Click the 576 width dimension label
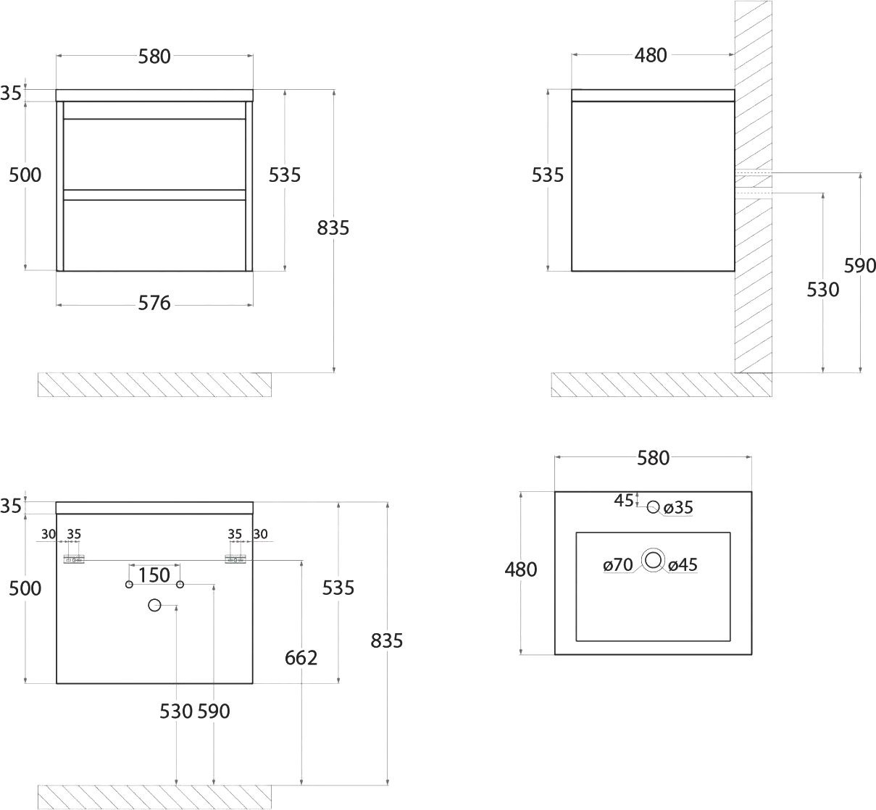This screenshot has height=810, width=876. (154, 303)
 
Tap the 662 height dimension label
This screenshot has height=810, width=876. (301, 658)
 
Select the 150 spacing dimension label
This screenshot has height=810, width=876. (154, 575)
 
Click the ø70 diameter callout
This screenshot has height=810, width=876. (618, 564)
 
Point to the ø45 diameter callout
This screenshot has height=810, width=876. (683, 564)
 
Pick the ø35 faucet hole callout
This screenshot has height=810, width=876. (678, 507)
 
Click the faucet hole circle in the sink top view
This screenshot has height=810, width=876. (654, 507)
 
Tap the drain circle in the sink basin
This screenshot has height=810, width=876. (654, 560)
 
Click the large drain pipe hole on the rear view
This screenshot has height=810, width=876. (154, 605)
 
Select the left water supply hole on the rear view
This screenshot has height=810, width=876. (129, 585)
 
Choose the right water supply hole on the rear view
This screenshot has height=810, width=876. (180, 585)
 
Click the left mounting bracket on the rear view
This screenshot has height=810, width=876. (74, 559)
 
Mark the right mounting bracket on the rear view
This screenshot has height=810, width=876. (235, 559)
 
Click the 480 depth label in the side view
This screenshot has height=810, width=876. (651, 56)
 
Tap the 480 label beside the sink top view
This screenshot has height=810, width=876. (521, 569)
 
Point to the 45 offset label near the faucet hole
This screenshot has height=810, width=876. (624, 501)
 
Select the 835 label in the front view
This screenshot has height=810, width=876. (333, 228)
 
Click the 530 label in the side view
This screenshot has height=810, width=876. (822, 290)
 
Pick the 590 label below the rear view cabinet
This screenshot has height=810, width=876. (214, 711)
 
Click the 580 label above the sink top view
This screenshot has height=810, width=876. (654, 459)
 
